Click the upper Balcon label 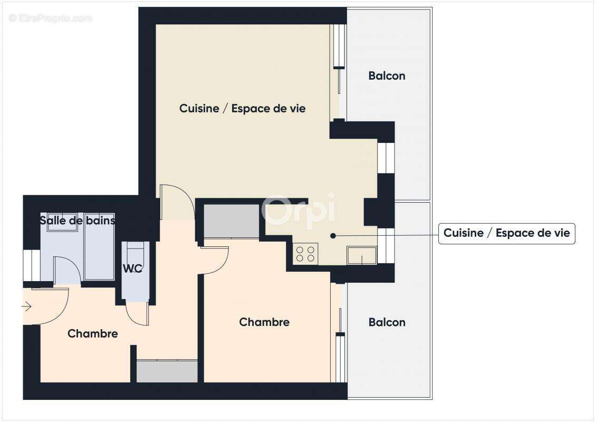click(x=387, y=76)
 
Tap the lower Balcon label click(x=387, y=322)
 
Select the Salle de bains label click(x=77, y=220)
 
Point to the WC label click(x=132, y=268)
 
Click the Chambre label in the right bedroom click(x=264, y=322)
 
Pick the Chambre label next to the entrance click(x=92, y=334)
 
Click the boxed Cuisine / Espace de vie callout click(x=506, y=233)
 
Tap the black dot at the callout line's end click(x=333, y=236)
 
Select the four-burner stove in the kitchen click(x=306, y=254)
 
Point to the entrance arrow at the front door click(x=27, y=306)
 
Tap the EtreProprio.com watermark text click(x=51, y=18)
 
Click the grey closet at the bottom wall click(x=167, y=371)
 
